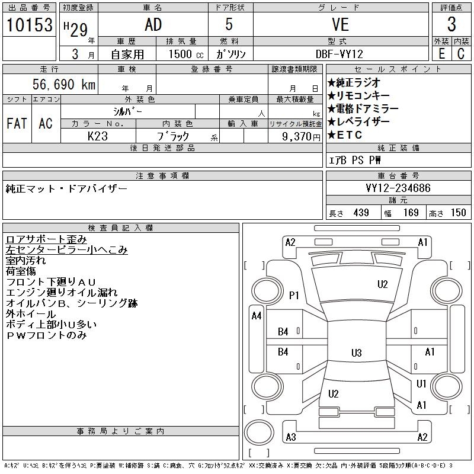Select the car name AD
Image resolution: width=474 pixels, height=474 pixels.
tap(152, 25)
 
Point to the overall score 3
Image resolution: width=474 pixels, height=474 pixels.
tap(451, 25)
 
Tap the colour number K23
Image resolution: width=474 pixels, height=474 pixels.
tap(98, 136)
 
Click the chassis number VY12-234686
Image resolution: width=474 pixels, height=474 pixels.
tap(398, 188)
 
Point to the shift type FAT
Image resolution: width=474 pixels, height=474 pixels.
tap(17, 123)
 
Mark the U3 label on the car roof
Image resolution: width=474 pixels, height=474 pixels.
tap(356, 353)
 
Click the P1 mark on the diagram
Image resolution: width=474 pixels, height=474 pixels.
tap(294, 294)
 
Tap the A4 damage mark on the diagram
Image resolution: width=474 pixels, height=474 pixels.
tap(256, 316)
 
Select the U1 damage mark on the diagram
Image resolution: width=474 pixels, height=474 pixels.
tap(421, 384)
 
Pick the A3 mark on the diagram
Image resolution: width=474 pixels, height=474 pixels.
tap(290, 437)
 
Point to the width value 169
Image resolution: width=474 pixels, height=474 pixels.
tap(411, 213)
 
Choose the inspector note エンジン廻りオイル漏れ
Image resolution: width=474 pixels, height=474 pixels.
tap(62, 293)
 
